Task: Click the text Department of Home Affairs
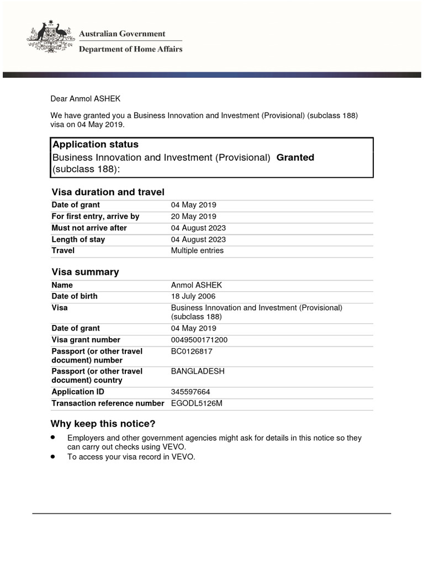pyautogui.click(x=131, y=49)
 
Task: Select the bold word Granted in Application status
pyautogui.click(x=295, y=157)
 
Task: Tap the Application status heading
pyautogui.click(x=96, y=145)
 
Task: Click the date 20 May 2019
pyautogui.click(x=194, y=216)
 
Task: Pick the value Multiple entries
pyautogui.click(x=197, y=250)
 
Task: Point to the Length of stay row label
pyautogui.click(x=78, y=239)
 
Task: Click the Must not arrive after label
pyautogui.click(x=89, y=228)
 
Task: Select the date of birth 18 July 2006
pyautogui.click(x=193, y=296)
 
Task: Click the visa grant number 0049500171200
pyautogui.click(x=199, y=340)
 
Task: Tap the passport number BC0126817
pyautogui.click(x=192, y=351)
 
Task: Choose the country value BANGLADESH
pyautogui.click(x=198, y=371)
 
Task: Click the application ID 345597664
pyautogui.click(x=190, y=392)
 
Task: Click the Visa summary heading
pyautogui.click(x=85, y=272)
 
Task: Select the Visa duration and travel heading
pyautogui.click(x=108, y=192)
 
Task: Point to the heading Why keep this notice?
pyautogui.click(x=103, y=424)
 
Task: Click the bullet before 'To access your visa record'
pyautogui.click(x=53, y=457)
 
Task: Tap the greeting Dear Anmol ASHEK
pyautogui.click(x=85, y=99)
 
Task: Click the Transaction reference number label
pyautogui.click(x=108, y=403)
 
